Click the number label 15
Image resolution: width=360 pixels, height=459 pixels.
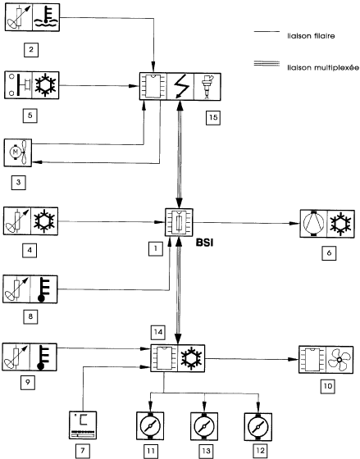(213, 117)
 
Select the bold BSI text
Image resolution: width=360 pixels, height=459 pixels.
(205, 243)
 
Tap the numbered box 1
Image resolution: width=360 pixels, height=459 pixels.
(156, 249)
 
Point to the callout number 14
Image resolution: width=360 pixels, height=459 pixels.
(158, 332)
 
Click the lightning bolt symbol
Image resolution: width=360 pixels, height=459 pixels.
(180, 87)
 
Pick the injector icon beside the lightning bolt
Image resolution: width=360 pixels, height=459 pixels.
(207, 87)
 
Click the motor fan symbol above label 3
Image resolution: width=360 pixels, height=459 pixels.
(18, 152)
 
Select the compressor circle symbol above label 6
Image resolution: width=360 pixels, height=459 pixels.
(313, 224)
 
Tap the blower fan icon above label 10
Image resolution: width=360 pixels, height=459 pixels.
(339, 360)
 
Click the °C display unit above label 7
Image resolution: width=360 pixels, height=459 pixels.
(83, 425)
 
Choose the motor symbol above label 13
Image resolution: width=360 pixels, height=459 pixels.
(204, 426)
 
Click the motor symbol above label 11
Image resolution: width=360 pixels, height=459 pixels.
(150, 425)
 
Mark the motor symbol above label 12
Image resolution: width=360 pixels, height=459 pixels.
(258, 427)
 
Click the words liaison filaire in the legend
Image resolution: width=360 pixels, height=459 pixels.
(311, 36)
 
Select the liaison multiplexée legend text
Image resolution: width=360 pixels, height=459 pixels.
(323, 67)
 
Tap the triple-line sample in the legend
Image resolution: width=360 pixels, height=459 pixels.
(267, 64)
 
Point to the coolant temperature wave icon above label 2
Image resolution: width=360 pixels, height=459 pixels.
(46, 17)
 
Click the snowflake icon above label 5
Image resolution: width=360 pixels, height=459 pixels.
(45, 85)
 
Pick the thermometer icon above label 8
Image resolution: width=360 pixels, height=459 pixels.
(43, 289)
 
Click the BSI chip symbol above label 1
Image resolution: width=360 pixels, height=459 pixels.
(179, 222)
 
